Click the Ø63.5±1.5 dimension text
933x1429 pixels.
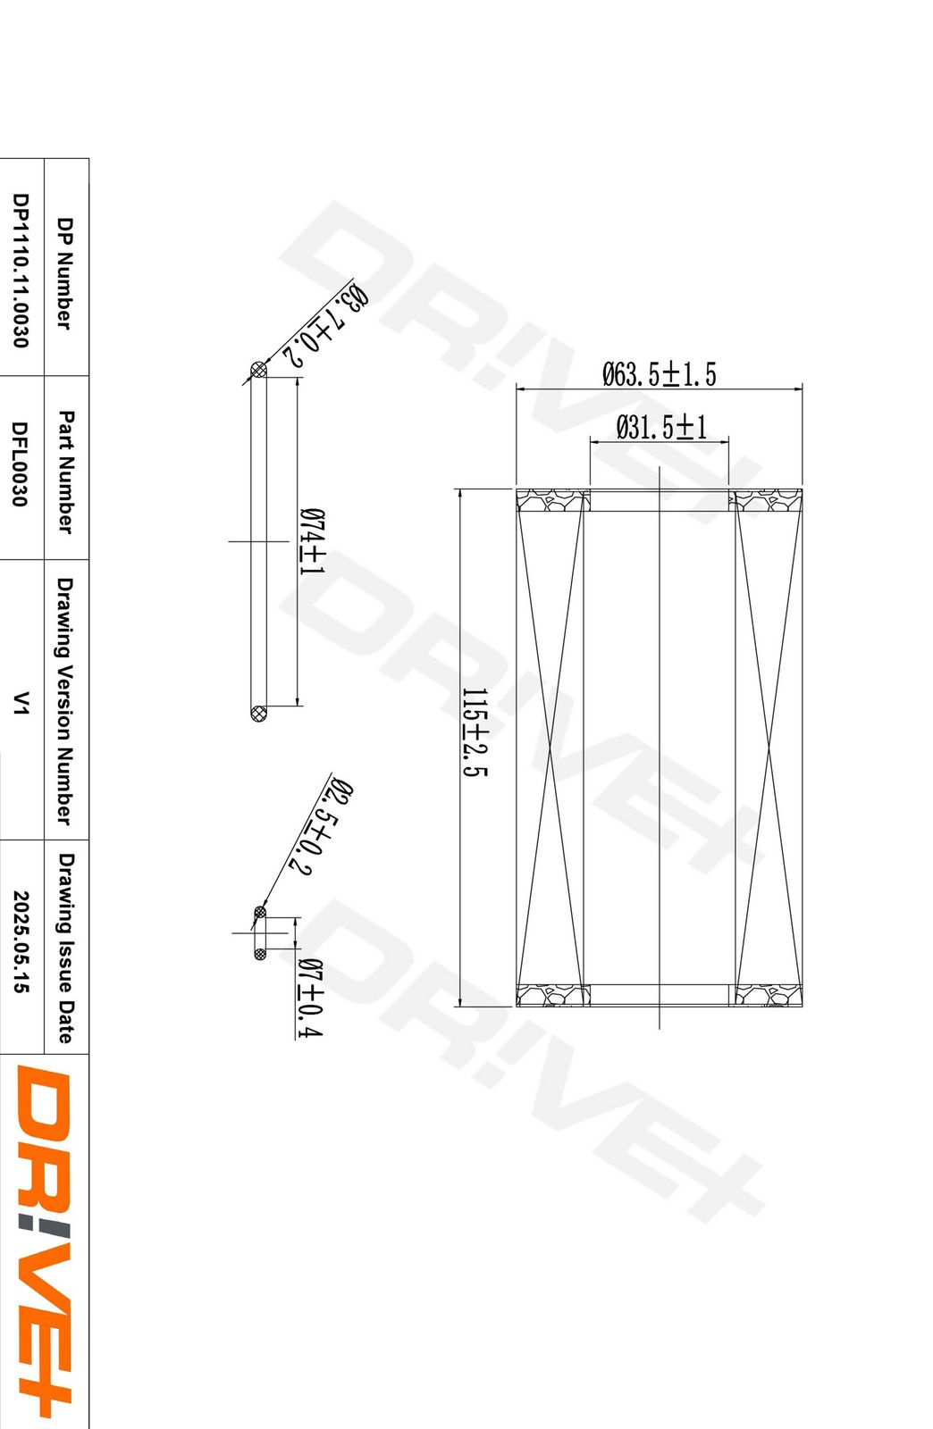coord(659,374)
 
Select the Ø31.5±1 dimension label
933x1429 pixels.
coord(660,428)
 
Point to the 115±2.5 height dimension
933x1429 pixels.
coord(475,732)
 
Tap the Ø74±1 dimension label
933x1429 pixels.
coord(311,542)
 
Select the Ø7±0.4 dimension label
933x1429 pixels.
coord(309,998)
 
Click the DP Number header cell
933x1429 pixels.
coord(65,272)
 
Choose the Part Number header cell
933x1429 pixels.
coord(65,472)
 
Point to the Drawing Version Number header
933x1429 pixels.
coord(65,701)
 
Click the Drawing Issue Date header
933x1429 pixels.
coord(65,948)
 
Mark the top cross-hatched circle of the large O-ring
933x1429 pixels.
coord(259,370)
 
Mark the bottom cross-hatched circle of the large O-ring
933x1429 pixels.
coord(259,713)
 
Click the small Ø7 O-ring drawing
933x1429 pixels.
coord(260,933)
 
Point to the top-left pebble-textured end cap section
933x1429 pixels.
coord(552,499)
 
